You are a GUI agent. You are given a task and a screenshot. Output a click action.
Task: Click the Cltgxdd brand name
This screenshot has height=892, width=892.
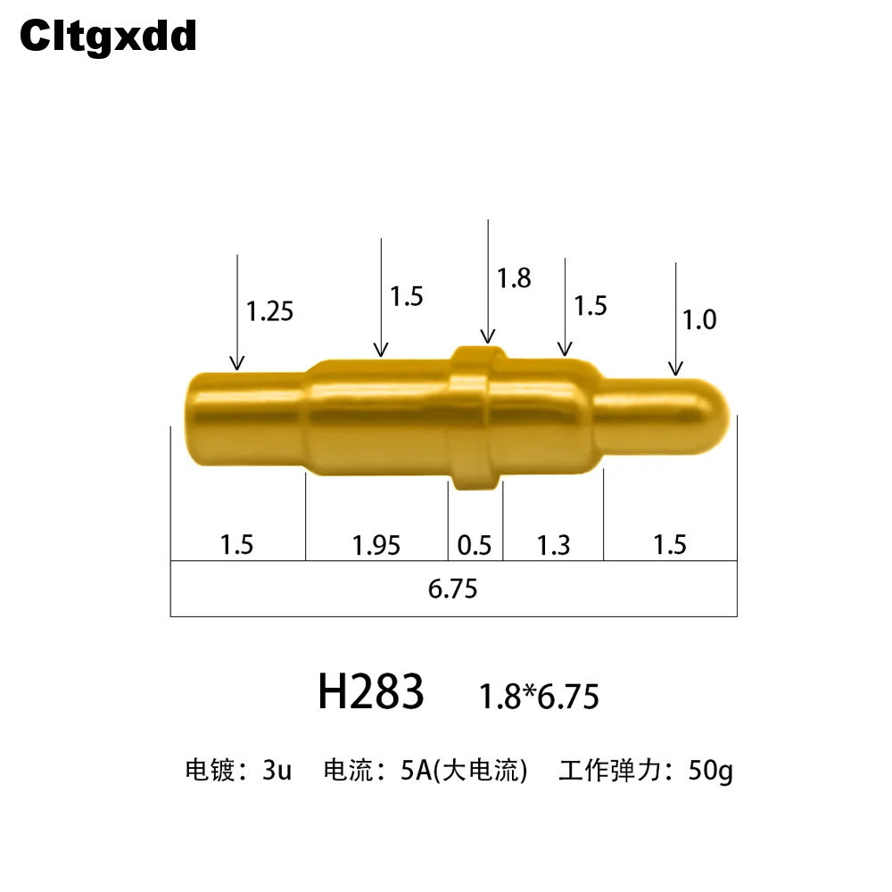point(108,37)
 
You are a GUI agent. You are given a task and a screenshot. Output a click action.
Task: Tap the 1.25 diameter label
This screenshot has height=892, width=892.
point(269,311)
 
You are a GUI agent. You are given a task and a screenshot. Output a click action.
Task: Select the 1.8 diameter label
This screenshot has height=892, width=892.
point(514,278)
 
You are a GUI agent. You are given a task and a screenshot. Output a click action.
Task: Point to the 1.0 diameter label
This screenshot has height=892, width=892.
point(699,319)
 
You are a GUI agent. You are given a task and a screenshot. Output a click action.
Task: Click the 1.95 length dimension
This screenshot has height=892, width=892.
point(376,546)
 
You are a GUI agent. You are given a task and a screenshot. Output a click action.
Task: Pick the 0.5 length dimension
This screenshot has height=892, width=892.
point(475,546)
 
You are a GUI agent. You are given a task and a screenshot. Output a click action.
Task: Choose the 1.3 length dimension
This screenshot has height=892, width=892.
point(554,546)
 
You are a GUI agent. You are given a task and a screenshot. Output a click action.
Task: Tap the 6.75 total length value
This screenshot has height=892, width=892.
point(453,589)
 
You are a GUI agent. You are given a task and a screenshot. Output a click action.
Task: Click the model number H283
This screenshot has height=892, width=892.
point(371,692)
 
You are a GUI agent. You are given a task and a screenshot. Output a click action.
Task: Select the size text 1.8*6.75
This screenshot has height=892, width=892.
point(540,697)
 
